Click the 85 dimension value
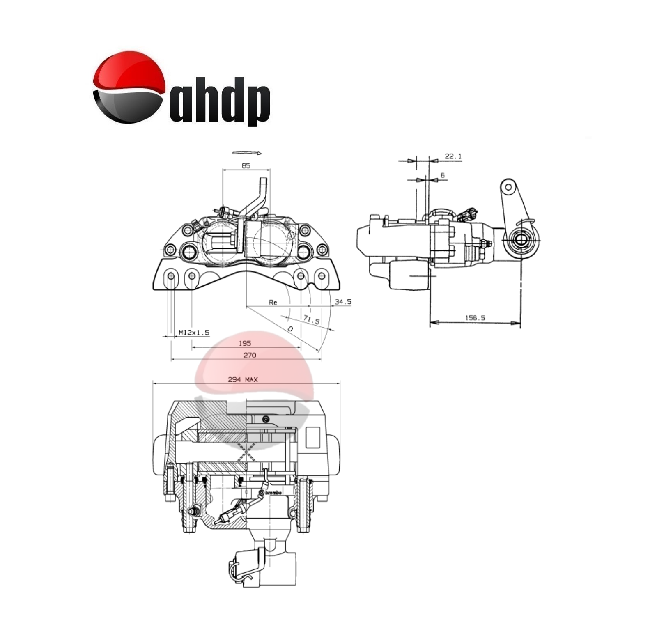tap(246, 165)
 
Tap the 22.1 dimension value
tap(453, 156)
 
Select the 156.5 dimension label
tap(475, 318)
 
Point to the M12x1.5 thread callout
tap(194, 332)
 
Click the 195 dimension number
tap(244, 343)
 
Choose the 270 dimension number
tap(249, 355)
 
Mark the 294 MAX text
tap(243, 379)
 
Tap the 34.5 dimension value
tap(343, 302)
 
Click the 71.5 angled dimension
tap(311, 319)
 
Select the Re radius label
tap(273, 302)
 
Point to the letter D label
tap(290, 328)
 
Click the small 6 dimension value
tap(442, 175)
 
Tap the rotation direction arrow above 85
tap(247, 153)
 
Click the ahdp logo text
tap(220, 102)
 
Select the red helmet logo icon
tap(129, 87)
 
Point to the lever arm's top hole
tap(508, 187)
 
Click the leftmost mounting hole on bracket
tap(171, 276)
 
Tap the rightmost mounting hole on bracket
tap(322, 276)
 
